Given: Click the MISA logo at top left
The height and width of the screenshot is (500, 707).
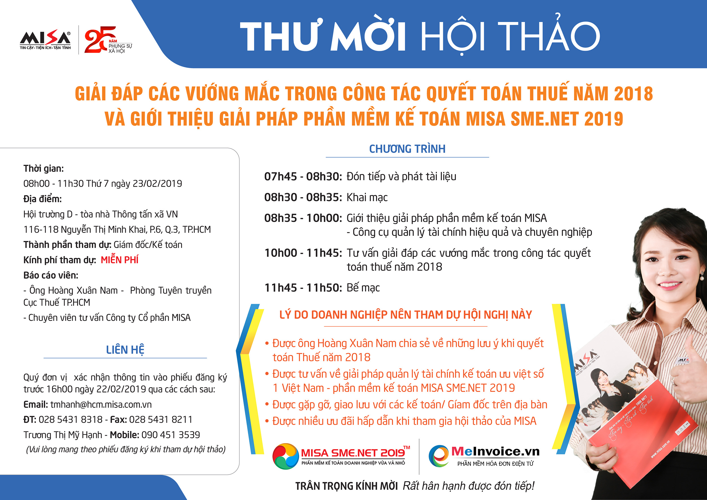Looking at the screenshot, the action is tap(45, 39).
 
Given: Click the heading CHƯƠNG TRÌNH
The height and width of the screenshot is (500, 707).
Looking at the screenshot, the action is tap(407, 149).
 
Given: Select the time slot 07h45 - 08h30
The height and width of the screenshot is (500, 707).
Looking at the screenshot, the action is tap(303, 176).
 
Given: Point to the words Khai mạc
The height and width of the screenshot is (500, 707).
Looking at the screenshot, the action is tap(367, 197).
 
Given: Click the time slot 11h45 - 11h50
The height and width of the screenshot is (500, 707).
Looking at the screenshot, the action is tap(303, 288).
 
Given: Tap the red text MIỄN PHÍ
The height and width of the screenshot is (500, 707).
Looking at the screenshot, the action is tap(119, 260).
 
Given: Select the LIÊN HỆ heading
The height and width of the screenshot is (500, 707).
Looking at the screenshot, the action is tap(125, 350).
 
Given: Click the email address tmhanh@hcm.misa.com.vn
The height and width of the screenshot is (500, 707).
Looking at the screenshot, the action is tap(101, 404).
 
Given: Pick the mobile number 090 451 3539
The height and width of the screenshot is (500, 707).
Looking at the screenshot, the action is tap(171, 435).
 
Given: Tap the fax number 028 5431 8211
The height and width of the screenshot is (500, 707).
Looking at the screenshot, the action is tap(160, 419).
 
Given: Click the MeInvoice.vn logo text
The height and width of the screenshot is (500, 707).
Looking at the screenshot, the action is tap(495, 451).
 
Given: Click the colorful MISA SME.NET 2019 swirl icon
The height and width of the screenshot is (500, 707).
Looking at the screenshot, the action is tap(285, 456).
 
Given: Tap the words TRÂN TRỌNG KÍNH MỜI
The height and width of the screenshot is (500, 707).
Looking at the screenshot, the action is tap(346, 486).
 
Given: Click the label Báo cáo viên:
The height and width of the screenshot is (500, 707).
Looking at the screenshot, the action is tap(51, 275).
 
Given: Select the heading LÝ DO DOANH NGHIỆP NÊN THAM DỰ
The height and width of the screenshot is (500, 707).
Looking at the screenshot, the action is tap(406, 315).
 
